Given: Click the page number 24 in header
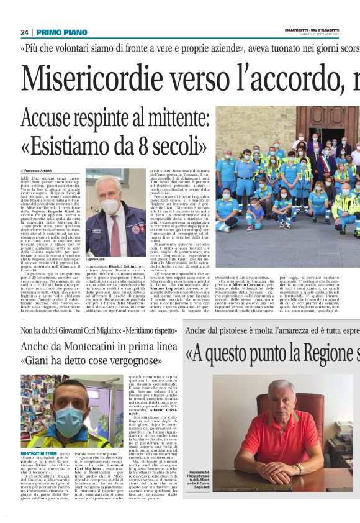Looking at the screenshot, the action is (x=24, y=32).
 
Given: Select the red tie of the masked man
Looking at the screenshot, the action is (x=115, y=232).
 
